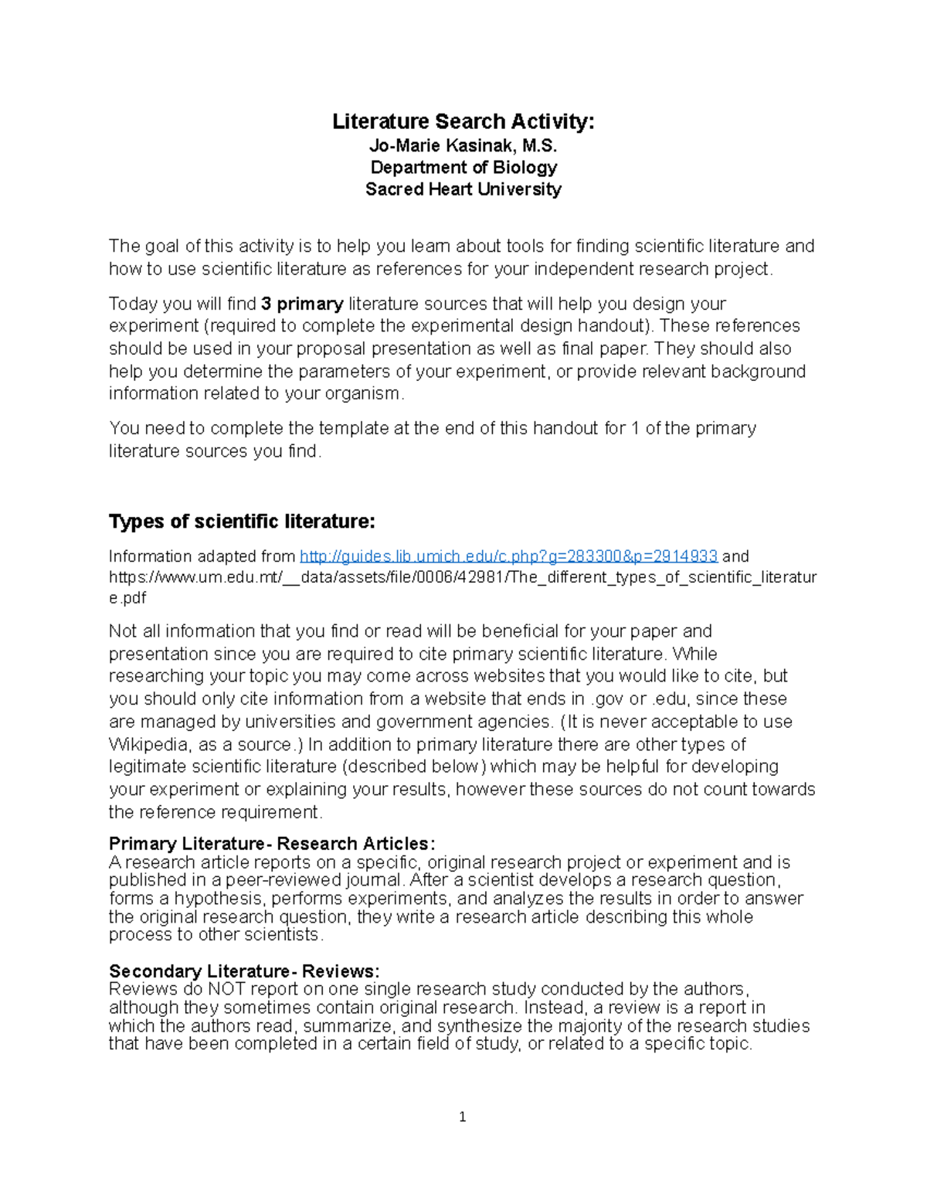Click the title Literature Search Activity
click(463, 121)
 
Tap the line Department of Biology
click(463, 167)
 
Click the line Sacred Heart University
click(463, 189)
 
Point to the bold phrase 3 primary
click(302, 304)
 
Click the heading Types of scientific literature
click(241, 522)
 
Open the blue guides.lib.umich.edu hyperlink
click(508, 556)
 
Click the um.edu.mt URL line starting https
click(462, 577)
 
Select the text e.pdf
click(127, 598)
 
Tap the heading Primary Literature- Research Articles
click(272, 843)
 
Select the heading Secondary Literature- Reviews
click(244, 971)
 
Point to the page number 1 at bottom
click(462, 1117)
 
